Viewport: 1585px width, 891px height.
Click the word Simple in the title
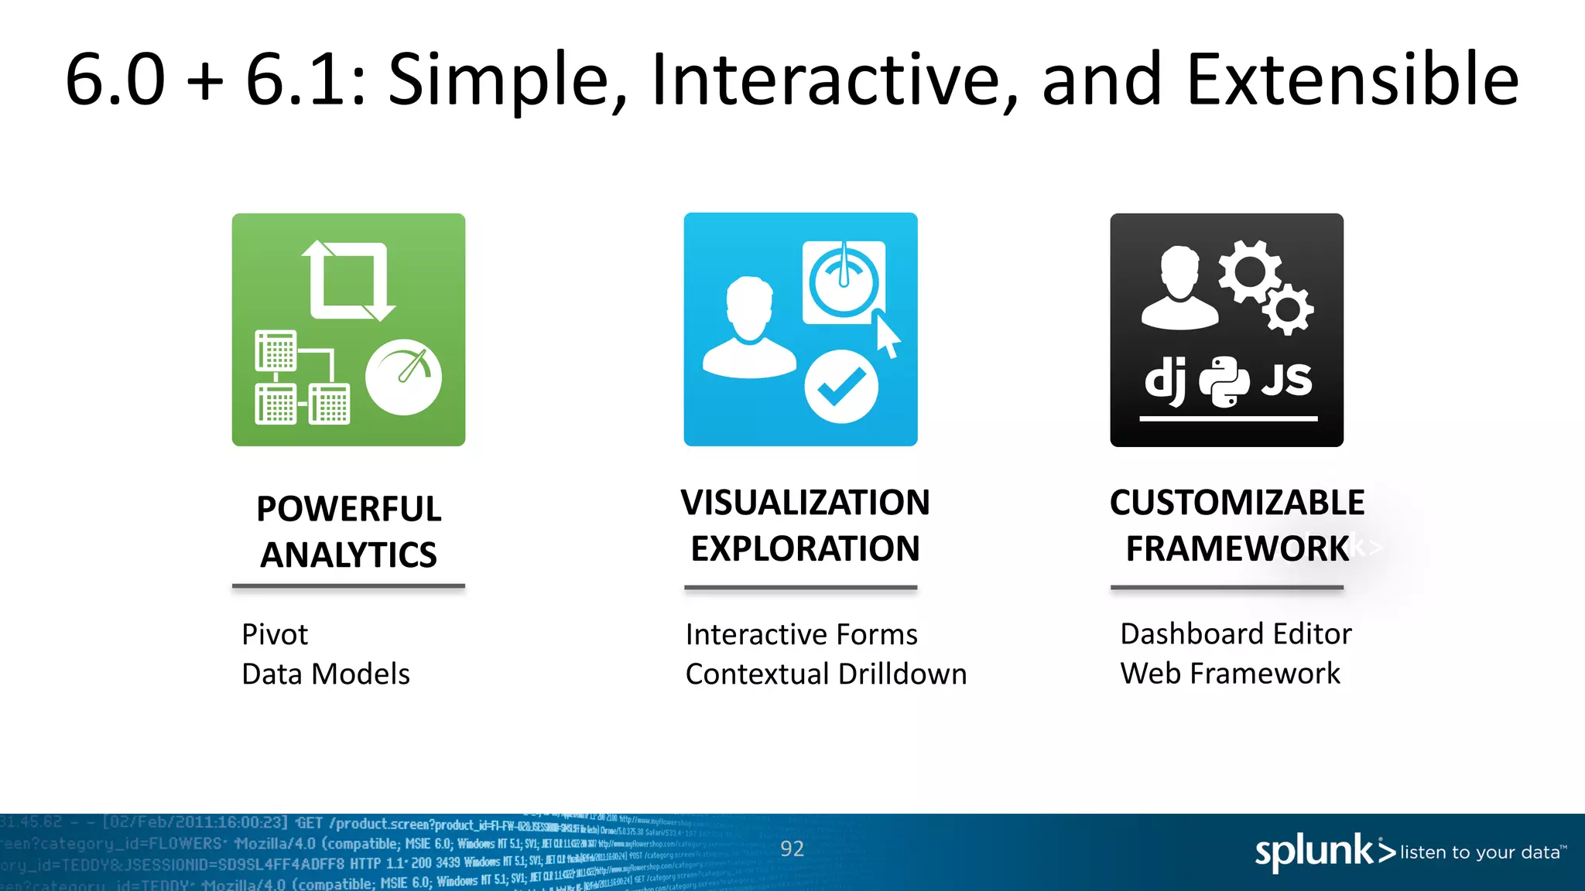pyautogui.click(x=507, y=80)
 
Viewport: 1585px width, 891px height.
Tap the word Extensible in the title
pyautogui.click(x=1352, y=79)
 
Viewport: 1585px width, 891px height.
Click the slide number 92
pyautogui.click(x=792, y=849)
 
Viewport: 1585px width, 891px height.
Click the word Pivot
pyautogui.click(x=274, y=635)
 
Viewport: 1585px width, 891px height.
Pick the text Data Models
pyautogui.click(x=325, y=674)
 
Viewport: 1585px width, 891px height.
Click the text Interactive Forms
pyautogui.click(x=801, y=635)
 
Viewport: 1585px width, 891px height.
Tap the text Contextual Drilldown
pyautogui.click(x=826, y=674)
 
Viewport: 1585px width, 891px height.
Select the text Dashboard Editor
pyautogui.click(x=1235, y=634)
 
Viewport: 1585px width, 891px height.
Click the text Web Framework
pyautogui.click(x=1230, y=674)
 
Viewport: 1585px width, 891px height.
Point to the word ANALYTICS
pyautogui.click(x=348, y=555)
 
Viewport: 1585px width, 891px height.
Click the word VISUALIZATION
pyautogui.click(x=805, y=503)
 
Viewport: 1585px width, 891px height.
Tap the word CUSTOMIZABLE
pyautogui.click(x=1237, y=503)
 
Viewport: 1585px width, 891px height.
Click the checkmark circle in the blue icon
pyautogui.click(x=841, y=387)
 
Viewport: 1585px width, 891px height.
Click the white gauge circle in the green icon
pyautogui.click(x=403, y=377)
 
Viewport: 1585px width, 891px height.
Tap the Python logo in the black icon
pyautogui.click(x=1224, y=381)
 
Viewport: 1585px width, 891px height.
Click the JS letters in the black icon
pyautogui.click(x=1286, y=380)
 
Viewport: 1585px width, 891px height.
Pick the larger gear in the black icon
pyautogui.click(x=1248, y=271)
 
